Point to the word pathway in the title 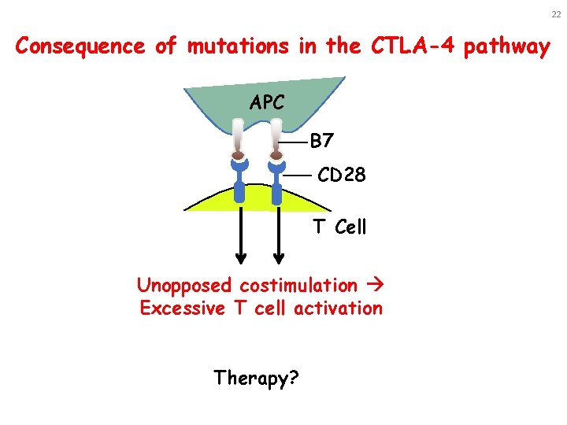508,46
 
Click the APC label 269,103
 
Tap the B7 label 323,142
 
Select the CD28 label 341,175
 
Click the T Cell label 339,227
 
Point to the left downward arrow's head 241,257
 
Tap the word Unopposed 185,285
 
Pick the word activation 338,308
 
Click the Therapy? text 256,378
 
